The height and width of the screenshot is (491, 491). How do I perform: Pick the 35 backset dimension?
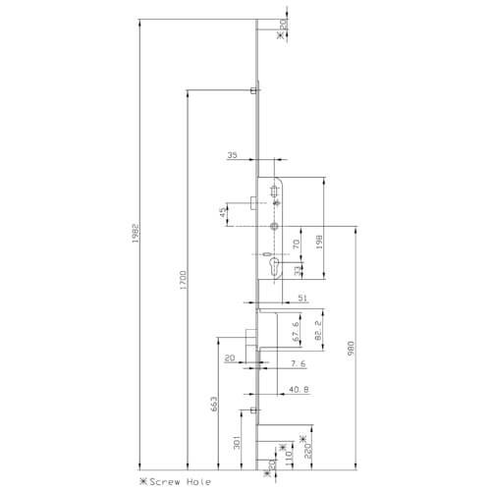click(x=233, y=155)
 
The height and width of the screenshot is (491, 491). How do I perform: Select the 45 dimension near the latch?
click(x=225, y=212)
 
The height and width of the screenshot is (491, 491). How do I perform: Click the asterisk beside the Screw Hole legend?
click(x=143, y=482)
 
